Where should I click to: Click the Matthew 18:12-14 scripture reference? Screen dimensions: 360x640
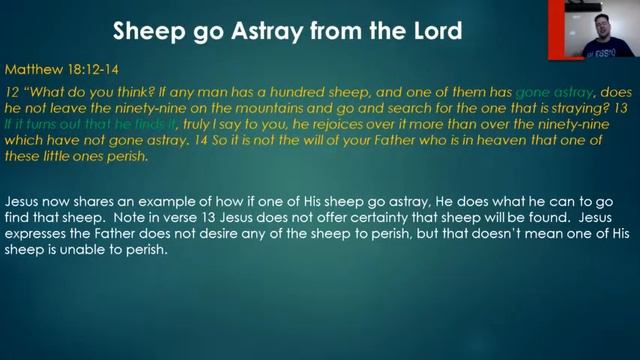pyautogui.click(x=58, y=71)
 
